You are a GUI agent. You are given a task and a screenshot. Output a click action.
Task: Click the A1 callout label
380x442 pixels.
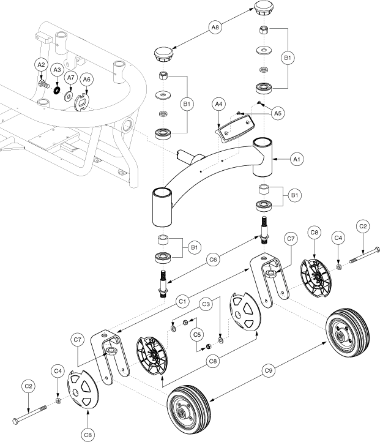click(297, 159)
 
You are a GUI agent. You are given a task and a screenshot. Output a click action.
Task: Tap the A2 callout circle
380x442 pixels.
click(41, 65)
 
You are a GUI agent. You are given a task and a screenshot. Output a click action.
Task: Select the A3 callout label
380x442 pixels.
click(57, 71)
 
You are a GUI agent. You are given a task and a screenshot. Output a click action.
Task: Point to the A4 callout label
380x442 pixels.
click(218, 105)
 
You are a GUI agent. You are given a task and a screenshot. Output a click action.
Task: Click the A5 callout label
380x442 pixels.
click(278, 112)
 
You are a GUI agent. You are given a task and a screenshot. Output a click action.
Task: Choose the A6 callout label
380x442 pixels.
click(87, 80)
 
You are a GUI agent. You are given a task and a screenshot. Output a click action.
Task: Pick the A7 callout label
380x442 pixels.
click(70, 78)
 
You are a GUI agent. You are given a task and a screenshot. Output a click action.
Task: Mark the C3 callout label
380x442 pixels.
click(207, 304)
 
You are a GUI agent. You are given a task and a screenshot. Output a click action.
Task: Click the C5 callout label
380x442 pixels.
click(196, 334)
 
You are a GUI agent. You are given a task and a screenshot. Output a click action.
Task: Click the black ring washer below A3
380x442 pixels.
click(57, 91)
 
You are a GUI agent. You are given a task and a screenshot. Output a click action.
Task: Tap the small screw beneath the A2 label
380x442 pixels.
click(42, 81)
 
